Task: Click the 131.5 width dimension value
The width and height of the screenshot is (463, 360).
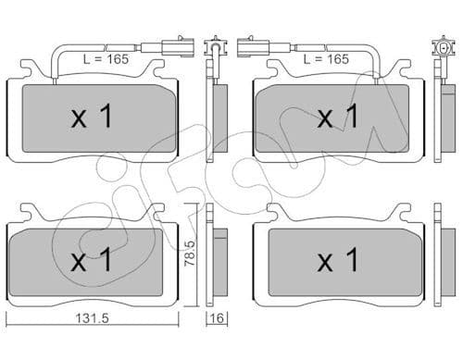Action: pos(93,318)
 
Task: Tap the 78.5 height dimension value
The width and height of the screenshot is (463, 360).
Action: pos(190,254)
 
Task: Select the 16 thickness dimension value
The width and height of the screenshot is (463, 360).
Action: pos(218,318)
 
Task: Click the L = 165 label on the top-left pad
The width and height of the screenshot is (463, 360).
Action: pos(106,59)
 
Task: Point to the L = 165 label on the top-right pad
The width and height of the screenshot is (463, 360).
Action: pos(326,59)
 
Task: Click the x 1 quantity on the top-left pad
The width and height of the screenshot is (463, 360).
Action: pos(92,116)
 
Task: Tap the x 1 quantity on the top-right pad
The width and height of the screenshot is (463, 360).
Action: pos(338,116)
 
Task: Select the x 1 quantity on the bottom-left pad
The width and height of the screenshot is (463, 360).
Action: pos(92,260)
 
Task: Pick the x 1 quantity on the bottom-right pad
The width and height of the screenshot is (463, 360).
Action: pos(338,260)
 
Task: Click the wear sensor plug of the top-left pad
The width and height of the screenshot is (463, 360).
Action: pos(178,47)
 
